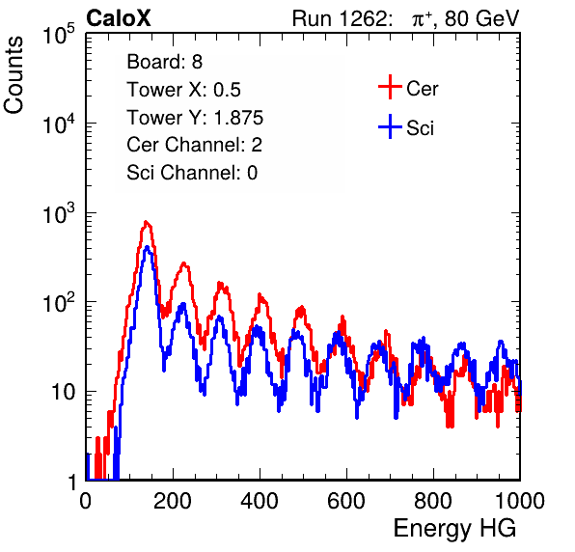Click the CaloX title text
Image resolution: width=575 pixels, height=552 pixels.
[x=119, y=18]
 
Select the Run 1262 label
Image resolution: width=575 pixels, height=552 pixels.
[x=340, y=18]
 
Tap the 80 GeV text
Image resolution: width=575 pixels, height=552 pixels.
[x=482, y=18]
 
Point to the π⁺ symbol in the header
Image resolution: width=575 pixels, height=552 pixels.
[x=422, y=19]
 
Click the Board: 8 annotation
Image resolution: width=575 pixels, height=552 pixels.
[x=165, y=62]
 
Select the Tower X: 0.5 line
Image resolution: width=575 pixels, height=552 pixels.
[x=183, y=90]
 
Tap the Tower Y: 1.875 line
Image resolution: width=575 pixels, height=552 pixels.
[x=195, y=118]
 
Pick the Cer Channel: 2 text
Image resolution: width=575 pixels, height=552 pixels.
[x=194, y=145]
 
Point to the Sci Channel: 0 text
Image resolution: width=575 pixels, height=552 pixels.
[x=192, y=173]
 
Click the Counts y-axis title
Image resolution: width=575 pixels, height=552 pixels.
[x=14, y=75]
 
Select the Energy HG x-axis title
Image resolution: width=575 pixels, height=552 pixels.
[x=454, y=529]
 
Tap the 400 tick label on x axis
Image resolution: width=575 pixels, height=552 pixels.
[x=260, y=500]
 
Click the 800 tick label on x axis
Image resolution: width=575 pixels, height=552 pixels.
[x=433, y=500]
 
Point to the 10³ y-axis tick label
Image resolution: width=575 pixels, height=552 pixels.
[x=59, y=213]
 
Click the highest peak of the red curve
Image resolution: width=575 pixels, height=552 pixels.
[x=146, y=222]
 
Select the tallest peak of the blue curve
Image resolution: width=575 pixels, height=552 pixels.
[x=147, y=247]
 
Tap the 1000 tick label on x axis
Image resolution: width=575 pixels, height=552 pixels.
[x=520, y=500]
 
